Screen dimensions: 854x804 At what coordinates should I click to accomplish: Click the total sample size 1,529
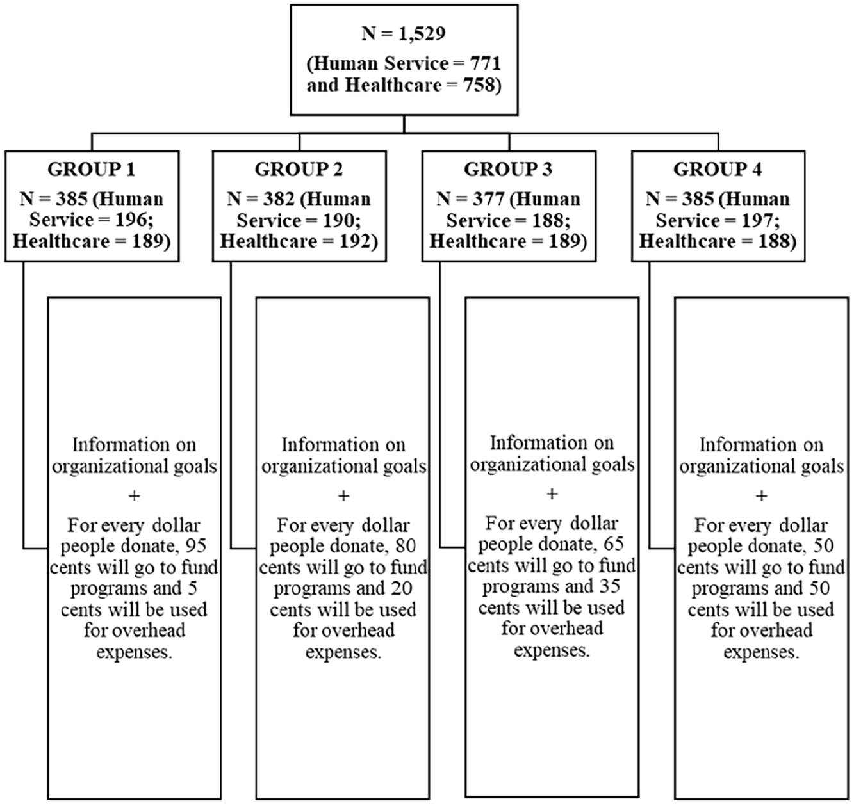422,34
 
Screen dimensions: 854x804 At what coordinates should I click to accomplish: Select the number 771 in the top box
484,63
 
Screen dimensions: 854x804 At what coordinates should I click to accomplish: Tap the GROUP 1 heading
92,169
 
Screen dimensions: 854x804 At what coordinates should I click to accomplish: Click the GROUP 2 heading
299,169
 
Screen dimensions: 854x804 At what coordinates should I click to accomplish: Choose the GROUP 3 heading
508,169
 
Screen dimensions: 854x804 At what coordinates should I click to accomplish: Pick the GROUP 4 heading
718,169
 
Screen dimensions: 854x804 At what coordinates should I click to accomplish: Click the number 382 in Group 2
279,199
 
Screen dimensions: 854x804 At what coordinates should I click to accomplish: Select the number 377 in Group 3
488,199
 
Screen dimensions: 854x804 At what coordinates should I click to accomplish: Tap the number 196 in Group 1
132,220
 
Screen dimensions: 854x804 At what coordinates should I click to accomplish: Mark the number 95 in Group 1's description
196,546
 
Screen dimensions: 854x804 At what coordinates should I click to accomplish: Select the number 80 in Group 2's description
406,546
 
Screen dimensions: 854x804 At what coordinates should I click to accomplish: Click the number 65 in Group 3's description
614,545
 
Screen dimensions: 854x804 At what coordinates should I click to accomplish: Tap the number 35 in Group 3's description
610,586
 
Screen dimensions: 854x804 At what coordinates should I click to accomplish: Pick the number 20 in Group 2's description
402,588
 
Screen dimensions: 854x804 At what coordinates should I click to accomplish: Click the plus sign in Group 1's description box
134,496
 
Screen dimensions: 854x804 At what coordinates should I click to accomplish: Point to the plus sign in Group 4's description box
761,496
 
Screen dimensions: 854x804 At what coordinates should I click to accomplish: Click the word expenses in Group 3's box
552,650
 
